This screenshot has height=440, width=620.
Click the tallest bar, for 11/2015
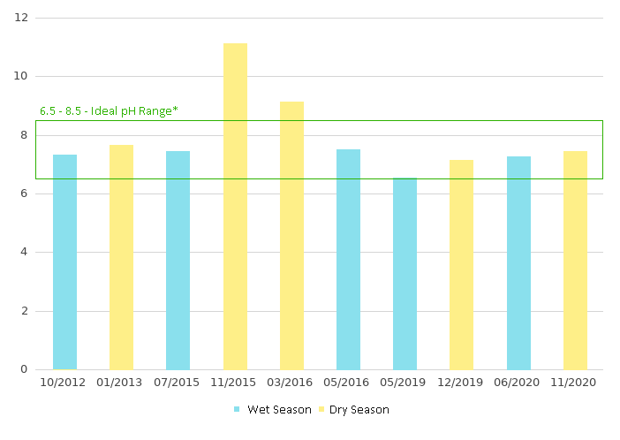[x=235, y=206]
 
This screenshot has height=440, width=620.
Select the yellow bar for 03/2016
[x=291, y=235]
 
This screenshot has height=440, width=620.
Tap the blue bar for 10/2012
[x=64, y=262]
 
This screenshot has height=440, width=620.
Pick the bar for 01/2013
[x=121, y=257]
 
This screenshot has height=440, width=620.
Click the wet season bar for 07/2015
[x=178, y=260]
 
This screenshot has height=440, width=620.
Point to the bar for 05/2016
[x=348, y=259]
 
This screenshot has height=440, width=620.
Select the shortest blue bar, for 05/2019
[x=405, y=273]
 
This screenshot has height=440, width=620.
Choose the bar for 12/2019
[x=461, y=264]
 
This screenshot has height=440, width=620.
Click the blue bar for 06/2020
[x=518, y=262]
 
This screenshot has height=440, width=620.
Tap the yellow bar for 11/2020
[x=575, y=260]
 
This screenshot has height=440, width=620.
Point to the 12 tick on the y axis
[x=22, y=18]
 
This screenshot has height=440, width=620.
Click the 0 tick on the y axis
[x=25, y=369]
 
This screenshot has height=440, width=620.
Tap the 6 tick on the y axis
[x=25, y=193]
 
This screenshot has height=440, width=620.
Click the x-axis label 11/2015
[x=235, y=383]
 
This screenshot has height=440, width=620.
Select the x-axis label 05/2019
[x=405, y=383]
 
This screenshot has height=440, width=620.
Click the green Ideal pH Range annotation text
[x=109, y=110]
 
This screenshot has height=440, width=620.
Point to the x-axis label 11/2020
[x=575, y=383]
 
